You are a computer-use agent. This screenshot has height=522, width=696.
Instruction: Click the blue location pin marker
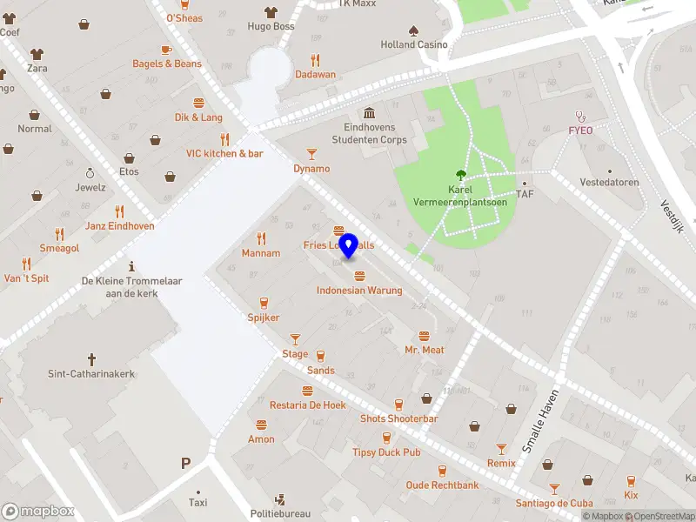click(349, 245)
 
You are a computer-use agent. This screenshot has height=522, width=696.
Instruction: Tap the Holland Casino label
click(414, 44)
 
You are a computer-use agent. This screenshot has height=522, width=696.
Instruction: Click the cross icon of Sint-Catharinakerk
click(91, 358)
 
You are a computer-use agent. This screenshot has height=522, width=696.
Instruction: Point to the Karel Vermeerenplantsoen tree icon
click(460, 175)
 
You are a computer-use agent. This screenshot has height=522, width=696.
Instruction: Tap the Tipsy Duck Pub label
click(386, 452)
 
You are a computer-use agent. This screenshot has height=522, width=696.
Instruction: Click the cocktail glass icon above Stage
click(295, 338)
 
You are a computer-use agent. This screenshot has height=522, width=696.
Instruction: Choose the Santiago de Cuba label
click(553, 503)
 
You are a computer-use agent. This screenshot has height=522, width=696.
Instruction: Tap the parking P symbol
click(185, 464)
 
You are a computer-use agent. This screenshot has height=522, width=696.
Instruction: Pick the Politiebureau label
click(280, 513)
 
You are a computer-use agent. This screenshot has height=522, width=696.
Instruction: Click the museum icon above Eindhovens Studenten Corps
click(370, 114)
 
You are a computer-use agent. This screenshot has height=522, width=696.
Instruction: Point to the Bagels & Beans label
click(167, 64)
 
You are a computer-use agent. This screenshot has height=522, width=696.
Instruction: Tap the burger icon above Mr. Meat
click(425, 336)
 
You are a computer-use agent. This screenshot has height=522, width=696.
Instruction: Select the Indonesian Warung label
click(359, 291)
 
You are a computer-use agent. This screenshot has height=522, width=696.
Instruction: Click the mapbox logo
click(38, 511)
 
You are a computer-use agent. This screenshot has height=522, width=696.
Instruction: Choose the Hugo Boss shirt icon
click(270, 12)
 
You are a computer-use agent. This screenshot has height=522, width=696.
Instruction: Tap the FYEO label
click(580, 130)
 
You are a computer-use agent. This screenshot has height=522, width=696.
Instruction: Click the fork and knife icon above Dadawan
click(315, 60)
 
